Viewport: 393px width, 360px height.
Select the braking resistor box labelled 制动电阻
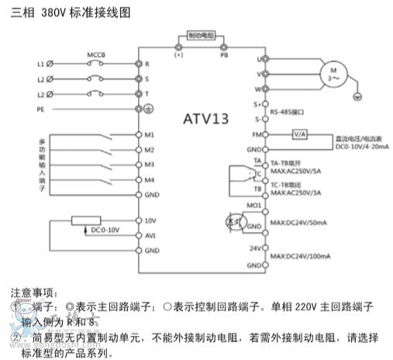[202, 36]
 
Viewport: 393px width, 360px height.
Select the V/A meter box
[300, 133]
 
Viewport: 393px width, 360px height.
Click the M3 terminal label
[150, 164]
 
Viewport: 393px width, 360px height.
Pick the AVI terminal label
[150, 235]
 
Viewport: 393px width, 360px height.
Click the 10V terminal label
[151, 220]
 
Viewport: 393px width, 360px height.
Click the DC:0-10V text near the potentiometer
[105, 230]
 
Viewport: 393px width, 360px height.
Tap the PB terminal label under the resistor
[224, 55]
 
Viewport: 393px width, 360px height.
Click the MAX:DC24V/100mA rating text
[300, 256]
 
